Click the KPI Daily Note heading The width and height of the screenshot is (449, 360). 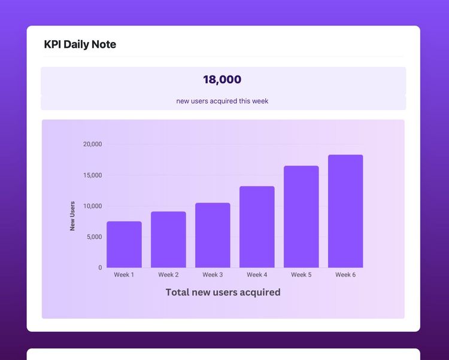(80, 45)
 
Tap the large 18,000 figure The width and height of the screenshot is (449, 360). (222, 80)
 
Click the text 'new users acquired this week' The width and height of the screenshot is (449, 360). (222, 101)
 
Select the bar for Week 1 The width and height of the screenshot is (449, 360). (124, 245)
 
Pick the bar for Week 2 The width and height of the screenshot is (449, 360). (168, 240)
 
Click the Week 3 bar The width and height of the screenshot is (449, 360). (213, 235)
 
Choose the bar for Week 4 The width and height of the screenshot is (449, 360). (257, 227)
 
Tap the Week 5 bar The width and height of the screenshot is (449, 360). (301, 216)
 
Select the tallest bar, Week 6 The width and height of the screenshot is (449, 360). (345, 211)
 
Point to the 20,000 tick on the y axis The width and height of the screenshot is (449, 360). (92, 144)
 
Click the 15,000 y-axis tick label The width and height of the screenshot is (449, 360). (92, 175)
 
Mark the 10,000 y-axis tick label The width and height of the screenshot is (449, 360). (92, 206)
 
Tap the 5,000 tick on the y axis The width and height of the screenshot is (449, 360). (94, 237)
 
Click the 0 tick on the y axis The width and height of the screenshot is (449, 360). (100, 268)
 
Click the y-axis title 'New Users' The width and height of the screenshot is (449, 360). (72, 216)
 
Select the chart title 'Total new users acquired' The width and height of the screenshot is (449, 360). (223, 292)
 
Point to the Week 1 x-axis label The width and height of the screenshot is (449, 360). (124, 275)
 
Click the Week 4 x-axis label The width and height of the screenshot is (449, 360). (257, 275)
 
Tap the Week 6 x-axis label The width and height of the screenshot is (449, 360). (345, 275)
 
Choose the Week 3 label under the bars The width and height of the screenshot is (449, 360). (213, 275)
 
